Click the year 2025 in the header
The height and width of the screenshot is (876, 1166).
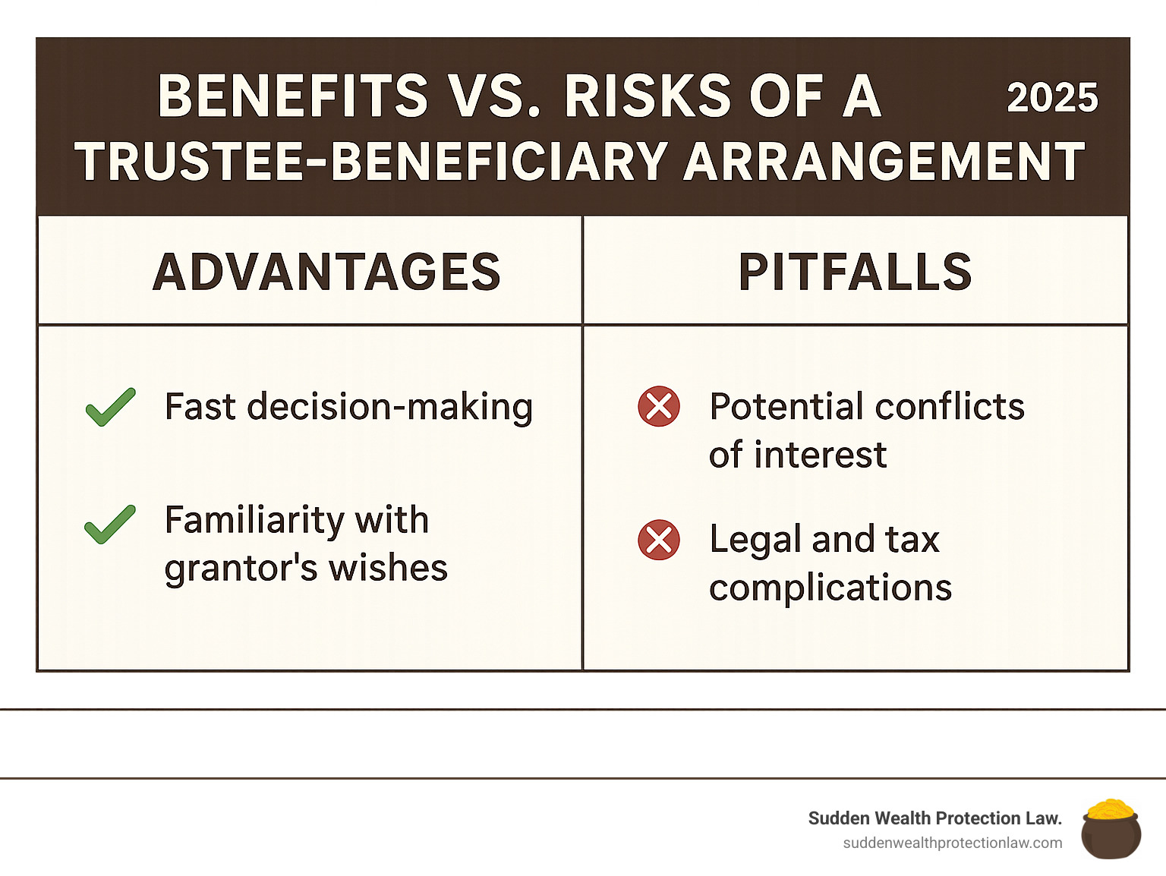coord(1052,98)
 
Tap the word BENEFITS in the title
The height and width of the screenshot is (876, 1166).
coord(293,96)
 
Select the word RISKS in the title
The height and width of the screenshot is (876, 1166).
coord(648,96)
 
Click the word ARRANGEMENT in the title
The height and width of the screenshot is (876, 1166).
coord(884,161)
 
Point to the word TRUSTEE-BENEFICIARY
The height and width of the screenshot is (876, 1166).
coord(370,161)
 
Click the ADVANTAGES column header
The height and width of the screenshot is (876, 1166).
coord(326,272)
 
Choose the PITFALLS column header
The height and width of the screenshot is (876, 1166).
coord(856,272)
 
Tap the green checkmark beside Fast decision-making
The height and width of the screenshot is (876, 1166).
coord(111,408)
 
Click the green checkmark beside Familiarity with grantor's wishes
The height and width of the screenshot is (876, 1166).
coord(110,525)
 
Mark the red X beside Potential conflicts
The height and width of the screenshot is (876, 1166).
coord(659,406)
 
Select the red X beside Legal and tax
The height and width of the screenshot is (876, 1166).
coord(659,540)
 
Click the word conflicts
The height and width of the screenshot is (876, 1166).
coord(950,407)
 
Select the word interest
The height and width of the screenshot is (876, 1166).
coord(820,455)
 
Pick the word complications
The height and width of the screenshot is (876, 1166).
coord(830,588)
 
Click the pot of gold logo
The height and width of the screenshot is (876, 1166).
coord(1111,829)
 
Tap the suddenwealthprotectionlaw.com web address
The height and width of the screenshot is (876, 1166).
coord(953,843)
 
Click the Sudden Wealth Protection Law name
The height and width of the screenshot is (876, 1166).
coord(935,818)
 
